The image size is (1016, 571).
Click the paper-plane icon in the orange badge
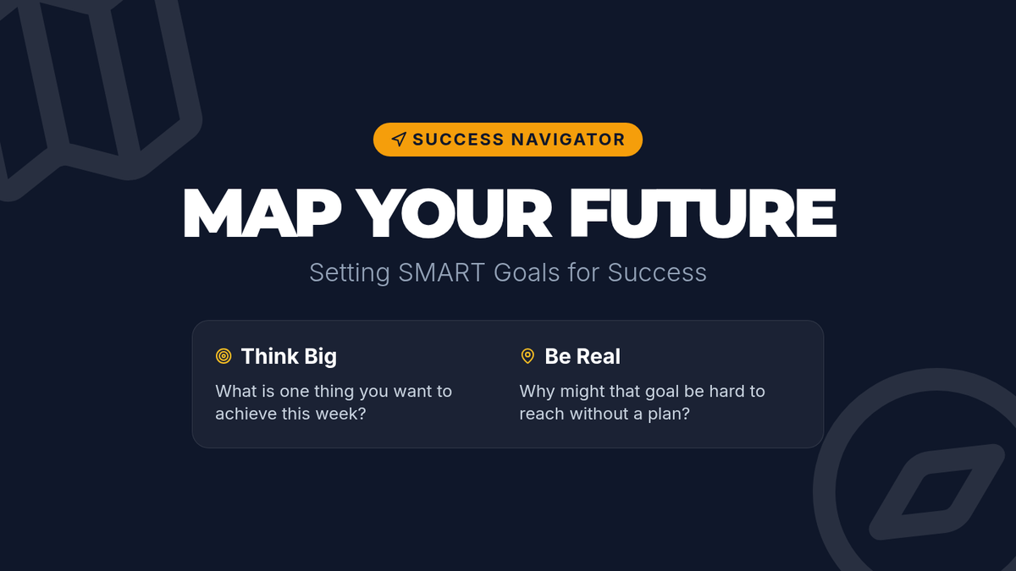[x=399, y=139]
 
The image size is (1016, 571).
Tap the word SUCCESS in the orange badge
[x=459, y=140]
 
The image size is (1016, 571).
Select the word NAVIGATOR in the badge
[x=568, y=140]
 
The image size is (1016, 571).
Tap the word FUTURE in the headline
[x=703, y=212]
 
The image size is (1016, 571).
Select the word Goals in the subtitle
[x=527, y=272]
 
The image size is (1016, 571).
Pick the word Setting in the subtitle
[x=350, y=273]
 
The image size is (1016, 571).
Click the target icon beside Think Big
[x=224, y=356]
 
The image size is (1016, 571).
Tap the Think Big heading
[x=289, y=357]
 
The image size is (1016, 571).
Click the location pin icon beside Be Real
[x=527, y=356]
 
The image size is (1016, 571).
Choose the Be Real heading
[x=583, y=357]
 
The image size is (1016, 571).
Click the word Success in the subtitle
[x=657, y=272]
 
